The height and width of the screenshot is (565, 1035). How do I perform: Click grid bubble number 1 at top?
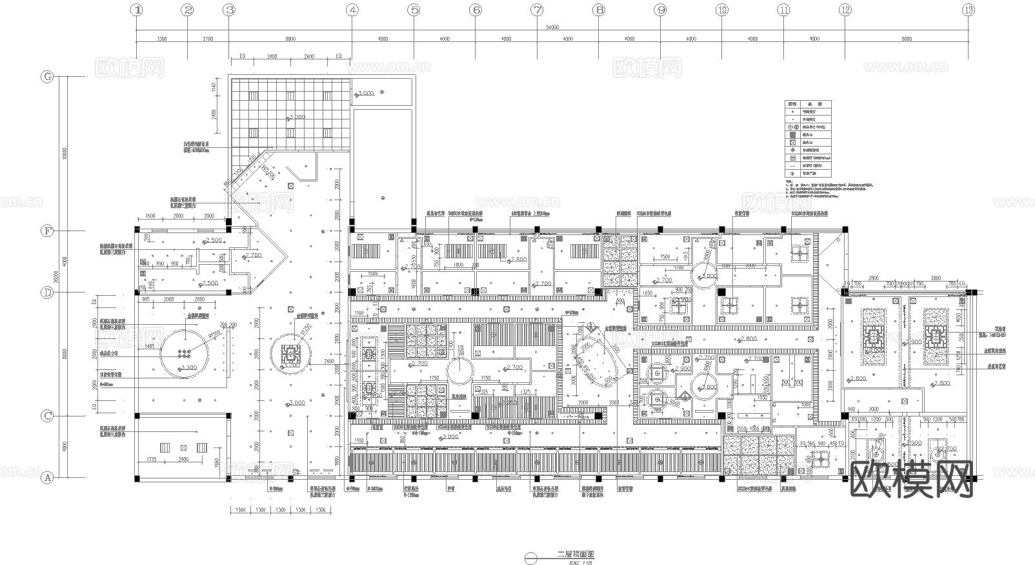[x=137, y=10]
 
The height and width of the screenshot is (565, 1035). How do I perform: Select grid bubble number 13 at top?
[x=968, y=10]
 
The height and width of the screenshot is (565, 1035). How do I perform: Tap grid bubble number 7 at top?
[x=537, y=10]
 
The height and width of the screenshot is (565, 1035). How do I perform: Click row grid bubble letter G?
[x=47, y=76]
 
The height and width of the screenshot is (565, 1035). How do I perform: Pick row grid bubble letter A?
[x=47, y=478]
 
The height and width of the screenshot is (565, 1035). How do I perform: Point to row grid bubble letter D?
[x=47, y=293]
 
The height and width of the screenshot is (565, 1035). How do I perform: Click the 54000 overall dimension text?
[x=552, y=28]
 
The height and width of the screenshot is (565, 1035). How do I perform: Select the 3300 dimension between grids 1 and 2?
[x=161, y=39]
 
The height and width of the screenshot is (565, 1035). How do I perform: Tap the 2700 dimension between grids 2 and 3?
[x=208, y=39]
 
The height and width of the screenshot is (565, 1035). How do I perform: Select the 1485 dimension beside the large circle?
[x=149, y=347]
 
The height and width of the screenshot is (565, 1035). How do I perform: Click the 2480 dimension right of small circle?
[x=330, y=362]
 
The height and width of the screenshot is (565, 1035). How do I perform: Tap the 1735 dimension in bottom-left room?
[x=152, y=459]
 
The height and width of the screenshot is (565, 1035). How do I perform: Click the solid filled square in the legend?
[x=792, y=135]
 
